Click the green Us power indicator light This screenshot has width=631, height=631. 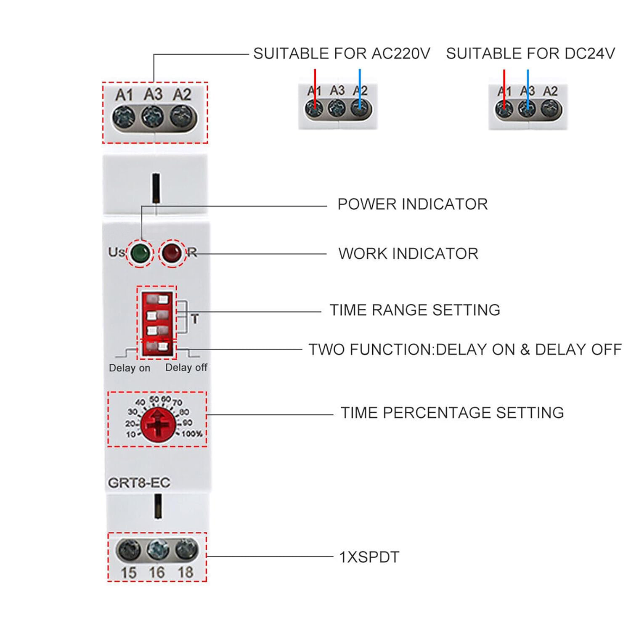[140, 253]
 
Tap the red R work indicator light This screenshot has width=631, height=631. [172, 253]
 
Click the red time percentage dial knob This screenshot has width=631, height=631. [157, 424]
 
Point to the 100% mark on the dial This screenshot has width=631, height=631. [192, 434]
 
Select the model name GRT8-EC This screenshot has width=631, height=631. [139, 483]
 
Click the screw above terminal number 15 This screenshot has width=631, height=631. [128, 550]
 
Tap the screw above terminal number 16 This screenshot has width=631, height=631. [158, 550]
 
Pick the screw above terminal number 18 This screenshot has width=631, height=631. [186, 549]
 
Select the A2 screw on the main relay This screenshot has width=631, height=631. [183, 116]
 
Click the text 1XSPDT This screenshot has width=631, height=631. [369, 557]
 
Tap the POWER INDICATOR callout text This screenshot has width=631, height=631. [412, 204]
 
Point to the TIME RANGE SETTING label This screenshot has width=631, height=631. [414, 310]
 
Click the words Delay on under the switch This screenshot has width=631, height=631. [129, 368]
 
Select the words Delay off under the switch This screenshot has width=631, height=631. [186, 367]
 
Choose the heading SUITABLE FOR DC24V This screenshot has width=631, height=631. [530, 54]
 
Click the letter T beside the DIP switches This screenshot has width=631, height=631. [194, 319]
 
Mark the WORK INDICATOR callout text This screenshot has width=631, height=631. [408, 254]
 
